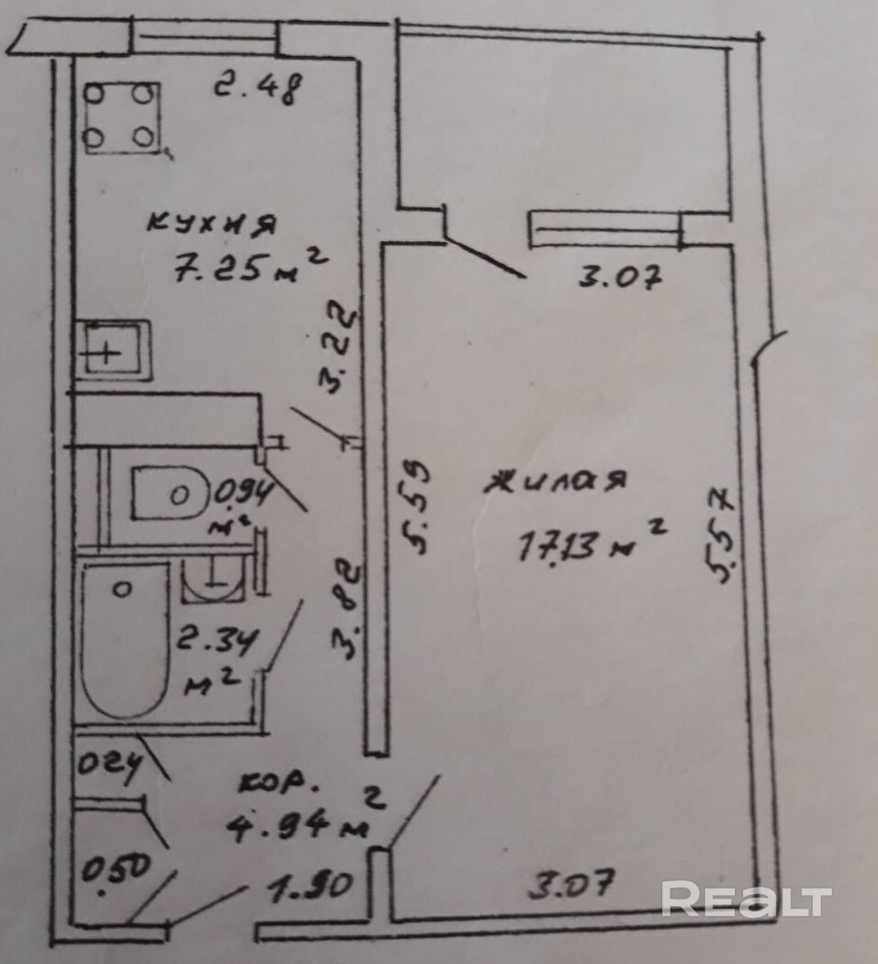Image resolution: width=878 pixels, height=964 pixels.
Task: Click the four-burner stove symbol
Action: (122, 118)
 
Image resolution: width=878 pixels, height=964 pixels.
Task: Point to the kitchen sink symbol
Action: (112, 350)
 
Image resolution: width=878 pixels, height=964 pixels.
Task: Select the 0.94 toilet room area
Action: (243, 495)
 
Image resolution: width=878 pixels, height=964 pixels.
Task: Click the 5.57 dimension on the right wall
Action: (721, 536)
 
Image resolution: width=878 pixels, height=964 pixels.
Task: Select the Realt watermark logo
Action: (746, 899)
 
